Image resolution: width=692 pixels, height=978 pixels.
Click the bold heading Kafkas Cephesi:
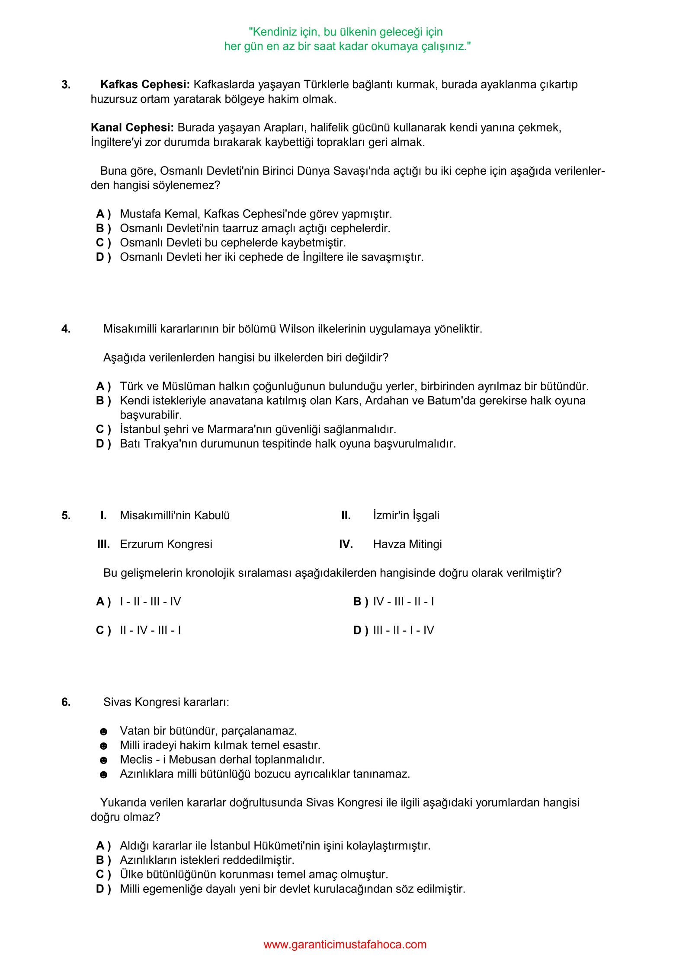point(144,84)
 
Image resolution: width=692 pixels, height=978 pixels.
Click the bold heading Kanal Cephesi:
point(132,128)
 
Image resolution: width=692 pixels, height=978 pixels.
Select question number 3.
point(66,84)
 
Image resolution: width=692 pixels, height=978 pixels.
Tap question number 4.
point(66,329)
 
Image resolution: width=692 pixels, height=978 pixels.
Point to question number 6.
point(66,702)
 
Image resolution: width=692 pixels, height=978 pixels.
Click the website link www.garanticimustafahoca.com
point(345,944)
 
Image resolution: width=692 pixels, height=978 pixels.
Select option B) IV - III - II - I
point(394,601)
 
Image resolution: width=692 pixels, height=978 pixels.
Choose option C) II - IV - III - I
point(138,630)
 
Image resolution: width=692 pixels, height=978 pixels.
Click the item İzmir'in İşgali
point(406,515)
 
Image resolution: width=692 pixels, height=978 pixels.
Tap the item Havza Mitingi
point(407,544)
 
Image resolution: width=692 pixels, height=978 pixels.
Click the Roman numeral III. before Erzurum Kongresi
point(103,544)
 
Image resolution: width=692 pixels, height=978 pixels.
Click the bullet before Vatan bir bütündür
point(103,732)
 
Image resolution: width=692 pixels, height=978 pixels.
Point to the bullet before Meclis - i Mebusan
point(103,760)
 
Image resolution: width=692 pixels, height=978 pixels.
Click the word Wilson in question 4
point(297,329)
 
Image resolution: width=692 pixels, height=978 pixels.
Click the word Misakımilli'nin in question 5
point(155,515)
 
